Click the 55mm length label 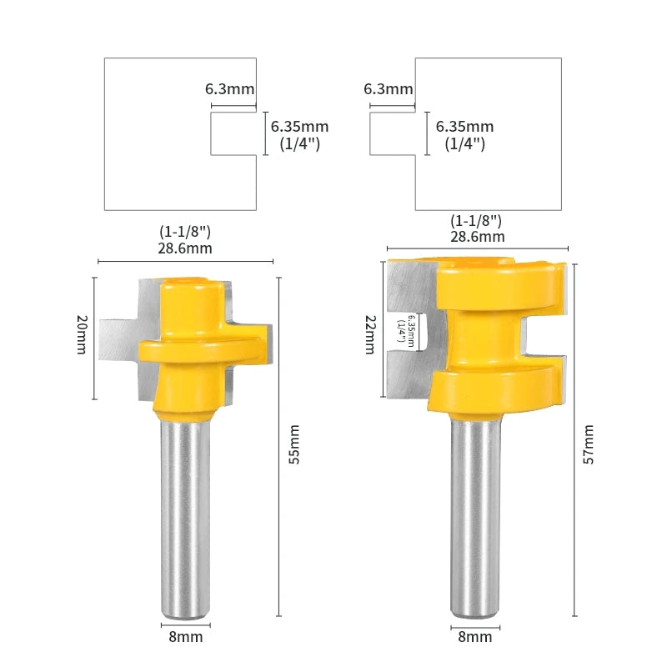294,444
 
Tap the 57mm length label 589,444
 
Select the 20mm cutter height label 81,334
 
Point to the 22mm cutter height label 370,335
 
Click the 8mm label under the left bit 185,637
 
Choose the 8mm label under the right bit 474,637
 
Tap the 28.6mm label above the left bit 185,248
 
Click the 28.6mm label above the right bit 478,237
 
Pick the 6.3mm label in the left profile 230,89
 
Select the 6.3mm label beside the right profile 389,89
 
